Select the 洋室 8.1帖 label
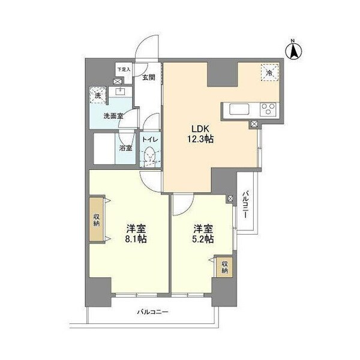pos(136,233)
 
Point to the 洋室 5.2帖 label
pos(203,233)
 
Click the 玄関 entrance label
pos(149,77)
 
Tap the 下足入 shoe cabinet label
pos(123,70)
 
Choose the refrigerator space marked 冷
pos(269,73)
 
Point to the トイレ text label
pos(149,140)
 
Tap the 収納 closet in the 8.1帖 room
pos(97,220)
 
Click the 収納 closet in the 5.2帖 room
pos(224,266)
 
